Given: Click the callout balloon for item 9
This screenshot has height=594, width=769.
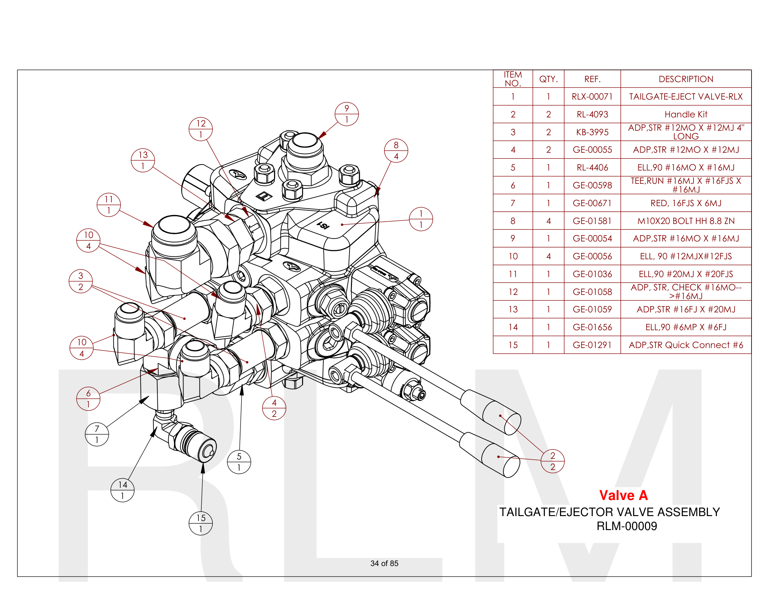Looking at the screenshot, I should click(346, 114).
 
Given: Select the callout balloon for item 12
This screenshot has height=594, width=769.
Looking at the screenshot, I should click(200, 129).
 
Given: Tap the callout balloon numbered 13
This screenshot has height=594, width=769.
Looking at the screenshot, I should click(143, 160).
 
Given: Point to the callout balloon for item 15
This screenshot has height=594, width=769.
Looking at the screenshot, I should click(200, 523).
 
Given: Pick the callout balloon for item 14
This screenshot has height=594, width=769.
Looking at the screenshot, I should click(122, 490).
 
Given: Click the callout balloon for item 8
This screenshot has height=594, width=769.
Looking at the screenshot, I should click(396, 151).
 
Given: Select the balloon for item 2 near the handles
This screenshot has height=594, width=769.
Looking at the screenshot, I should click(552, 461).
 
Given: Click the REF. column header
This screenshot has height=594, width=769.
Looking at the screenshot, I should click(592, 79).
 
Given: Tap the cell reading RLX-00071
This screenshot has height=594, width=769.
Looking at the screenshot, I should click(592, 97).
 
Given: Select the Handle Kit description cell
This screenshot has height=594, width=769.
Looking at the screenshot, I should click(685, 114).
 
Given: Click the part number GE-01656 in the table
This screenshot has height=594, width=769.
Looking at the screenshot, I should click(592, 327).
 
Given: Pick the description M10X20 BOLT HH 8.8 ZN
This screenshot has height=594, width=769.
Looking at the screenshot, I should click(685, 221).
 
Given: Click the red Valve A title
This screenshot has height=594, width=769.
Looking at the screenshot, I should click(623, 495).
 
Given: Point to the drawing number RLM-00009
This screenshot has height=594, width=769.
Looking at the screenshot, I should click(626, 526).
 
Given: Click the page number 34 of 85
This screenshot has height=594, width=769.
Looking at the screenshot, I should click(384, 563).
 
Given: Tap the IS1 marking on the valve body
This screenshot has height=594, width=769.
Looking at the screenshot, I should click(323, 225).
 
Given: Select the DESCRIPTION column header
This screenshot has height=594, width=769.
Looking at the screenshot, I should click(685, 79).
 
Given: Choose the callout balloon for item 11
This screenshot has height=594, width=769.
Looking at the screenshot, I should click(108, 205).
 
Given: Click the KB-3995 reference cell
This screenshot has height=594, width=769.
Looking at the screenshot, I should click(592, 132).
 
